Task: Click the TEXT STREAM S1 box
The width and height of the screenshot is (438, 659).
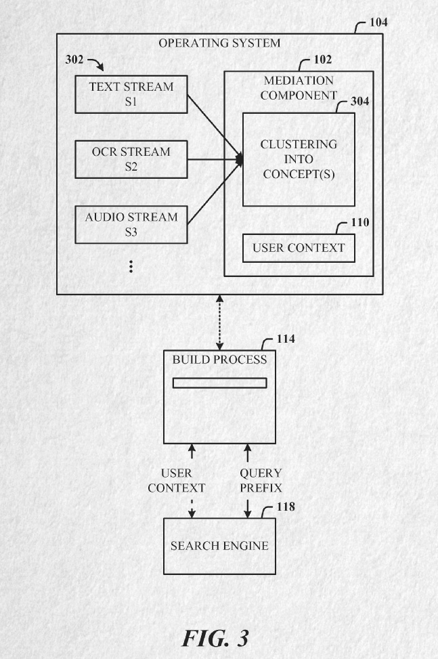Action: tap(131, 95)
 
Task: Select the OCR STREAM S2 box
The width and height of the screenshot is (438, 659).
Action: tap(131, 159)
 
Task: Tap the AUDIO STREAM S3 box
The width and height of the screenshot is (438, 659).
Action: tap(131, 225)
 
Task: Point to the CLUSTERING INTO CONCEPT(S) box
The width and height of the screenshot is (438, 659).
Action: tap(299, 160)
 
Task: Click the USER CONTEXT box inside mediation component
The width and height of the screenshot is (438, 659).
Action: tap(299, 248)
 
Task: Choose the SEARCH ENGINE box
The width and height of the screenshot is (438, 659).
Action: tap(219, 546)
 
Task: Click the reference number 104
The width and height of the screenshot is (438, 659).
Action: tap(378, 22)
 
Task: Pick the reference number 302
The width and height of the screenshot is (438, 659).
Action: tap(74, 60)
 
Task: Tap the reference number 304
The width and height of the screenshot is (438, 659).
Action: tap(359, 102)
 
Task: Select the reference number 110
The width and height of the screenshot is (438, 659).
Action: tap(360, 223)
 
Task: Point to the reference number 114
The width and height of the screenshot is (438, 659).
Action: tap(286, 339)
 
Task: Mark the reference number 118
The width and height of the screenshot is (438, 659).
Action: tap(286, 507)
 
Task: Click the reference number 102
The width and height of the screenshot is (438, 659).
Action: tap(322, 60)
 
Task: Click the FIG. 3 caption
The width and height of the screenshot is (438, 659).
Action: tap(215, 637)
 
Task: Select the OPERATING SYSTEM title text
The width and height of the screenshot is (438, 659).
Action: tap(219, 43)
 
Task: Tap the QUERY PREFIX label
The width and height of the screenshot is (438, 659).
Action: tap(261, 480)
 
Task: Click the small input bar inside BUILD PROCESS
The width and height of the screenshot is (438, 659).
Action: tap(219, 383)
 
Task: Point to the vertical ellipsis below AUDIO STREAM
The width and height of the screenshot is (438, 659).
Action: tap(131, 265)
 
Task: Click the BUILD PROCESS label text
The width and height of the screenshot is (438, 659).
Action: tap(219, 360)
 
